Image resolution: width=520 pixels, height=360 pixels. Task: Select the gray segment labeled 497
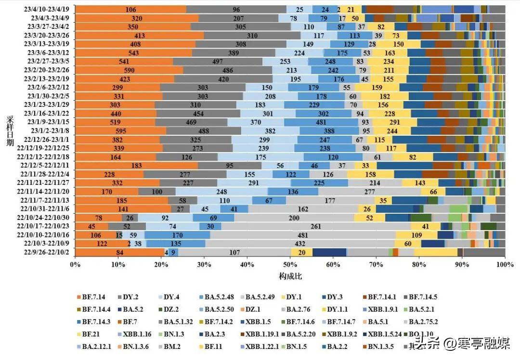[218, 62]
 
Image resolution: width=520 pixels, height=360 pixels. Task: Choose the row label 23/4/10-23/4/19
[48, 9]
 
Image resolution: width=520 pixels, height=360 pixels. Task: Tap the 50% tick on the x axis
[290, 264]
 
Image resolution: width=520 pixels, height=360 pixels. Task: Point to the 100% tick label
[505, 264]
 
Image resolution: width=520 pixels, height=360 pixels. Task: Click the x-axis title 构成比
[290, 276]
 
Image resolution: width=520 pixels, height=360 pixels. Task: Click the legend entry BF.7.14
[94, 297]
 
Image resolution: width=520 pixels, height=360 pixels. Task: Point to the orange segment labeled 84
[120, 252]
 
